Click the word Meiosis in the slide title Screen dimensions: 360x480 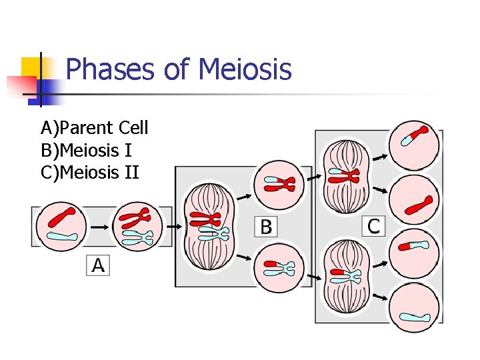245,69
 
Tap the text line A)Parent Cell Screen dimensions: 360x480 95,127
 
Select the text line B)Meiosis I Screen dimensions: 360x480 86,151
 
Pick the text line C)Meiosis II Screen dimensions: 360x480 90,173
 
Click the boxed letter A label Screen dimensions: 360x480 98,265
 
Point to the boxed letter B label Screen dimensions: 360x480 266,227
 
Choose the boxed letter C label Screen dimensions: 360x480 373,225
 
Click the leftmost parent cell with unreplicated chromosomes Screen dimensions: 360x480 61,227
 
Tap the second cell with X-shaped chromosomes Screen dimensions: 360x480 139,227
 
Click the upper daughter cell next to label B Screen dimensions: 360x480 277,184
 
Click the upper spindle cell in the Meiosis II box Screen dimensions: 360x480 345,177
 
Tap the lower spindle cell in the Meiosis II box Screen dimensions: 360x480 345,273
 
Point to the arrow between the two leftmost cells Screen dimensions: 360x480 100,227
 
